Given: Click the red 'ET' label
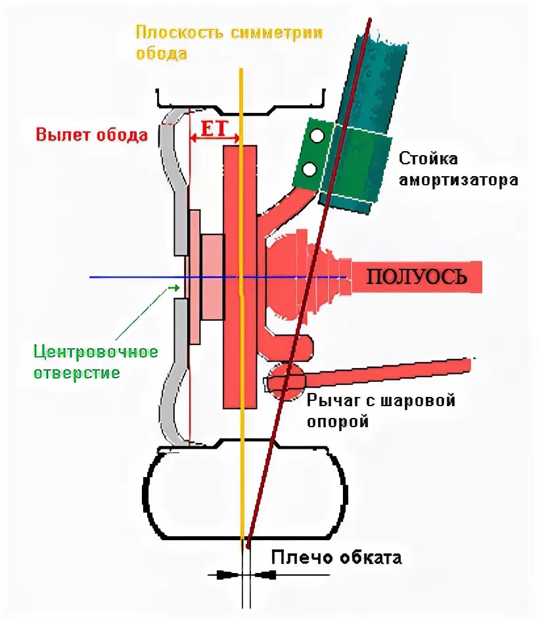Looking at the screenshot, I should click(x=213, y=129).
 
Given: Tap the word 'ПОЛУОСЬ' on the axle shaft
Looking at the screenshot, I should click(x=416, y=276).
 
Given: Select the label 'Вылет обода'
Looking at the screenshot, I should click(x=92, y=135).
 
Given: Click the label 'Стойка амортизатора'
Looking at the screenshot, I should click(x=459, y=169).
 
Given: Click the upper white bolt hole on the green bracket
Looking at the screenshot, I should click(x=317, y=136).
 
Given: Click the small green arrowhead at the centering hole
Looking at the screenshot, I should click(x=174, y=287).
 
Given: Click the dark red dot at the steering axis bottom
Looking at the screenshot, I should click(x=248, y=543).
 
